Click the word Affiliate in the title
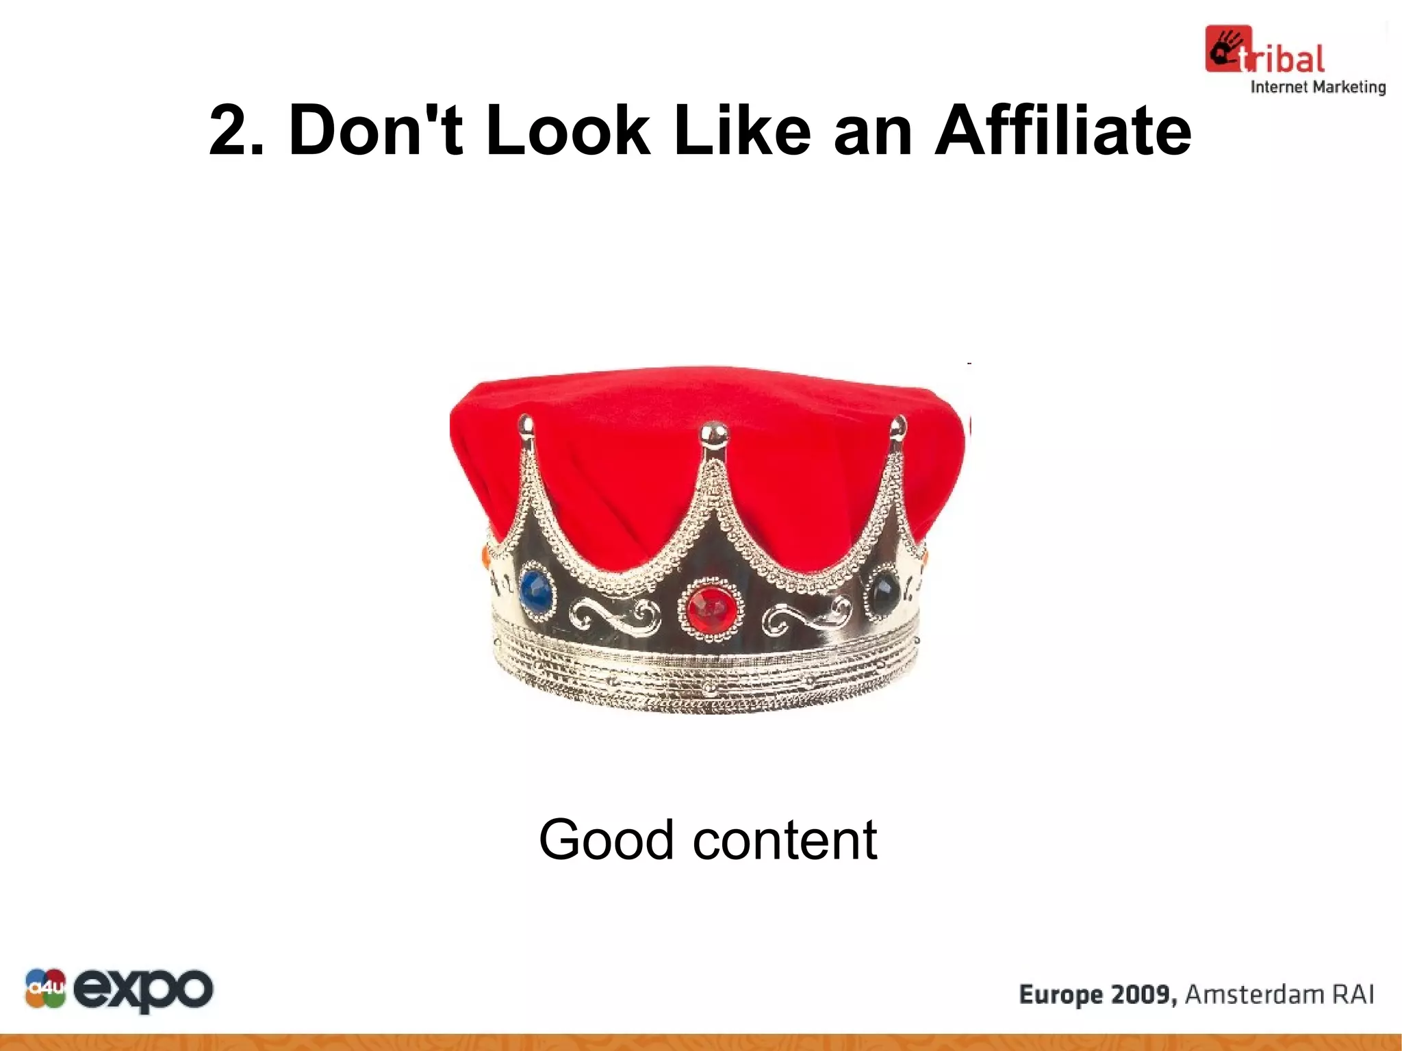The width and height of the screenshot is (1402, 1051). [1062, 130]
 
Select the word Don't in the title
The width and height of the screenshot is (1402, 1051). [376, 130]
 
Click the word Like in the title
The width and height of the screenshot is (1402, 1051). [742, 130]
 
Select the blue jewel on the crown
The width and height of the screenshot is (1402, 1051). [536, 590]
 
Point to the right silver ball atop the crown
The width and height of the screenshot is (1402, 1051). [897, 426]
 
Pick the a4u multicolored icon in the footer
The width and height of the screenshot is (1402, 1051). [45, 989]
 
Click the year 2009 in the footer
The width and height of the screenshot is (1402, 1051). [1143, 994]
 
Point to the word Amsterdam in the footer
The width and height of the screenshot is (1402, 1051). [1242, 994]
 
